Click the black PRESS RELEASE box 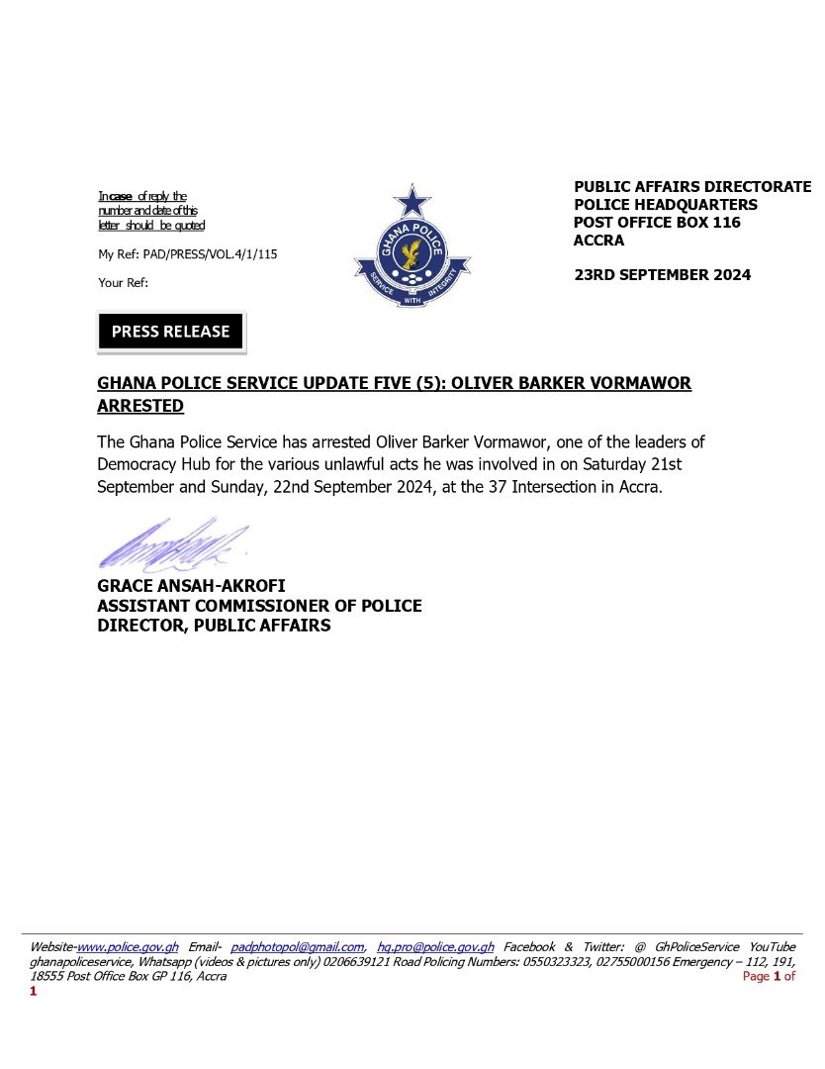point(170,333)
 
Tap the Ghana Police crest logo point(412,246)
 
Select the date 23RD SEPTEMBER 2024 point(662,275)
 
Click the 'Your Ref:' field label point(123,283)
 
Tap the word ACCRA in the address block point(599,241)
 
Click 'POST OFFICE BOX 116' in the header point(657,223)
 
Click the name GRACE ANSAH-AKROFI point(191,587)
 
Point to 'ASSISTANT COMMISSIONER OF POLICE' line point(259,606)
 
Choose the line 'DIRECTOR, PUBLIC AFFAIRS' point(214,626)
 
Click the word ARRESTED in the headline point(140,407)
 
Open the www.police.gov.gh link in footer point(128,947)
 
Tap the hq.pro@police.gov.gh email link point(435,947)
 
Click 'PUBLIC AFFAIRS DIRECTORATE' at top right point(692,186)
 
